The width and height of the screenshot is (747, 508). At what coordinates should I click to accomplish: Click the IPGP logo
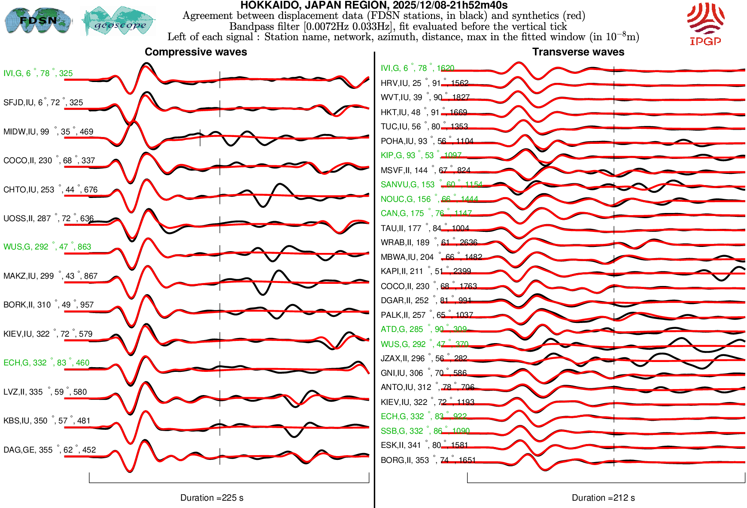coord(705,24)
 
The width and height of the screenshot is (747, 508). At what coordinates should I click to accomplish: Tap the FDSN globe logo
coord(38,20)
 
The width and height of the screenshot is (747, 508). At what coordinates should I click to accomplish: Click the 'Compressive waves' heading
coord(196,52)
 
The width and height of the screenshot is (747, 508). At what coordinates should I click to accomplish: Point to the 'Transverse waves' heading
coord(578,52)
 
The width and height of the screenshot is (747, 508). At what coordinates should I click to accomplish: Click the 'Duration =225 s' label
coord(212,498)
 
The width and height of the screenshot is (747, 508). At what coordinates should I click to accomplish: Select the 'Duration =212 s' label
coord(603,498)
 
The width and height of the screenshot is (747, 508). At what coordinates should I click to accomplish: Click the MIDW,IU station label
coord(48,132)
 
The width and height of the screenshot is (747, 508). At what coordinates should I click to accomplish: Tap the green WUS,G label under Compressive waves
coord(47,247)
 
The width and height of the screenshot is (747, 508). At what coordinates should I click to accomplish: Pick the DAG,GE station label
coord(49,450)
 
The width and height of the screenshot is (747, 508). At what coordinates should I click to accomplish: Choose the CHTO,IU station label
coord(50,190)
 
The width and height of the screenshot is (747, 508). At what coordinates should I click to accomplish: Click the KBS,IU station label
coord(47,421)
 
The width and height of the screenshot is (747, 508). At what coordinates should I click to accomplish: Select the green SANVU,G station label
coord(431,185)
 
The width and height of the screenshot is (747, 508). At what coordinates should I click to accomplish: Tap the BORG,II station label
coord(428,460)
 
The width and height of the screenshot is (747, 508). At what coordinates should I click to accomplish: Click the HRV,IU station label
coord(424,83)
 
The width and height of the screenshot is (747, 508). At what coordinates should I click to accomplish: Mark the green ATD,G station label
coord(423,329)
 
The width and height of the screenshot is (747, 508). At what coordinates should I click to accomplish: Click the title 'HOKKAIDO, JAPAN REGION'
coord(373,6)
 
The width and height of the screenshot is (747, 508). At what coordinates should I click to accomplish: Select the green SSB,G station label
coord(425,431)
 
